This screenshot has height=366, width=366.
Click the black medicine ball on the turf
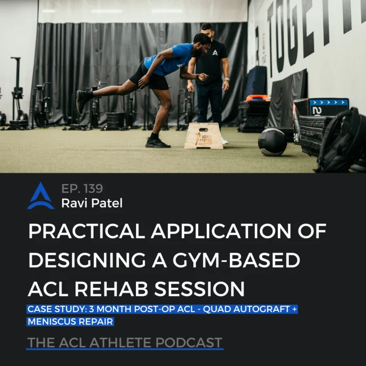[x=273, y=142]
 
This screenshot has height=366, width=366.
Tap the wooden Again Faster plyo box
[x=203, y=136]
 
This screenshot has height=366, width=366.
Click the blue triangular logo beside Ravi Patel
[x=41, y=195]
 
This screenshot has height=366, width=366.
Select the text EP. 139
[x=82, y=188]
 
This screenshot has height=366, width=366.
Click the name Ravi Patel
[x=91, y=203]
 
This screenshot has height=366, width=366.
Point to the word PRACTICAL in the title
[x=87, y=231]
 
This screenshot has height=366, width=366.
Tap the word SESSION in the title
[x=199, y=289]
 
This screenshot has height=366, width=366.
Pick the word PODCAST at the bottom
[x=189, y=343]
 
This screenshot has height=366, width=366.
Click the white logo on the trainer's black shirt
[x=215, y=52]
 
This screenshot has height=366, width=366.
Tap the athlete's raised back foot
[x=82, y=101]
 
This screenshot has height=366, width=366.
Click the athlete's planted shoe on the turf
[x=157, y=142]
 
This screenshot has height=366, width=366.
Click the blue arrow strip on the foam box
[x=329, y=102]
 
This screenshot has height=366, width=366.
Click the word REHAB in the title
[x=112, y=289]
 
